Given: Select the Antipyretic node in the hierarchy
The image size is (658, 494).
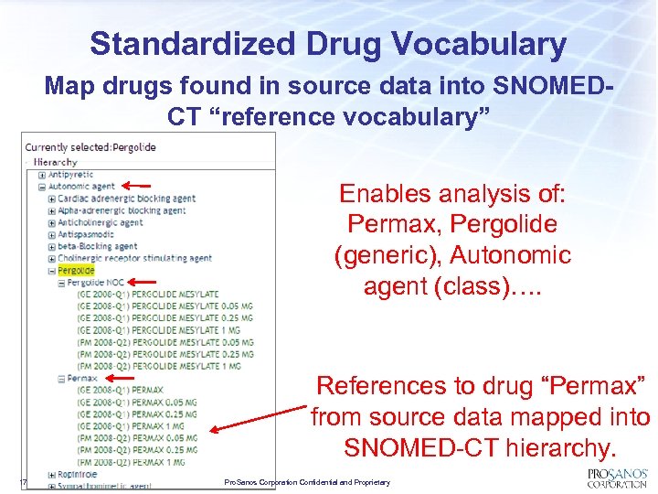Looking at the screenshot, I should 72,175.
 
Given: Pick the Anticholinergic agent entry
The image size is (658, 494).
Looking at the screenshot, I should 101,222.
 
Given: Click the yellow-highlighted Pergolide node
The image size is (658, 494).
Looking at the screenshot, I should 76,271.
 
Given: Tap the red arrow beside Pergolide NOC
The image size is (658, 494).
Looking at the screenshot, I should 140,283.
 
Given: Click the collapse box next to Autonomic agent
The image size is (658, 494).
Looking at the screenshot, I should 42,187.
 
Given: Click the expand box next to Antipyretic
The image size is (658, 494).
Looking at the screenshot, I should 42,175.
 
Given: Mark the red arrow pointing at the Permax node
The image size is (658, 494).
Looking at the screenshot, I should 121,378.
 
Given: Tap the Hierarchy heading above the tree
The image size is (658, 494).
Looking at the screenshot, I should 56,162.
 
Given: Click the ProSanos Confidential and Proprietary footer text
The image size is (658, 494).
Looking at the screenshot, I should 307,482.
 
